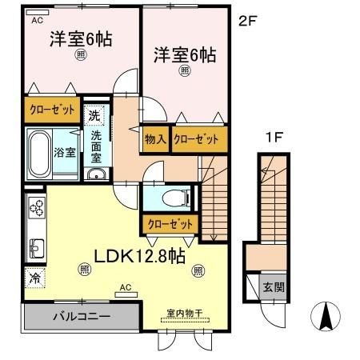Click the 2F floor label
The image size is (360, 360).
point(247,22)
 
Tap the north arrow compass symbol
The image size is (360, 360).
point(326,318)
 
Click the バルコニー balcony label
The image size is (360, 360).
point(82,316)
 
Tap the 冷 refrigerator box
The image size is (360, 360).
point(35,279)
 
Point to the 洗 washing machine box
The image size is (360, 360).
point(94,116)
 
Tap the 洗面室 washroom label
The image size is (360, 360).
point(96,146)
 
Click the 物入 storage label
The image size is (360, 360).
point(155,139)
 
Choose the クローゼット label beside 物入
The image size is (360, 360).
point(196,139)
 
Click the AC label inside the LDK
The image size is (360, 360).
point(125,286)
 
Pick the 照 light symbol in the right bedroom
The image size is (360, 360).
point(185,70)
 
